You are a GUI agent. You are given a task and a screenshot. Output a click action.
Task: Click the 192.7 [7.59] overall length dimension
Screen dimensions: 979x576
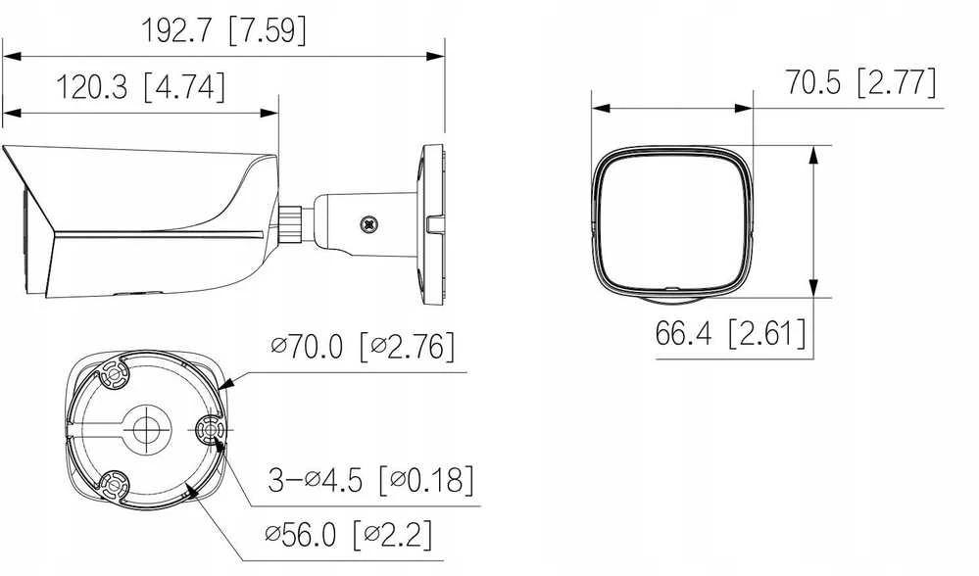pyautogui.click(x=224, y=30)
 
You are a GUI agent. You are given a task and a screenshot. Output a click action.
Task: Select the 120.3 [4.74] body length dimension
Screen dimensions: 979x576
pyautogui.click(x=140, y=87)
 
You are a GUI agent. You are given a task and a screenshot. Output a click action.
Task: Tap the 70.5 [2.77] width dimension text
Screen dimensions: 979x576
pyautogui.click(x=861, y=82)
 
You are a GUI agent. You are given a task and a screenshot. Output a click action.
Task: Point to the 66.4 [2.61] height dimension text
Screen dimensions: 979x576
pyautogui.click(x=730, y=333)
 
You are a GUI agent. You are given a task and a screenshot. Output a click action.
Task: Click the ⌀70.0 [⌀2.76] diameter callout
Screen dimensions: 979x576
pyautogui.click(x=363, y=347)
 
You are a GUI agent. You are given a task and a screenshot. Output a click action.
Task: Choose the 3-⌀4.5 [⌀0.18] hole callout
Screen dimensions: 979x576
pyautogui.click(x=370, y=479)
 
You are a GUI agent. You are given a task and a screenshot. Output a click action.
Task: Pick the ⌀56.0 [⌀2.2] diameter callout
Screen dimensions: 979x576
pyautogui.click(x=348, y=535)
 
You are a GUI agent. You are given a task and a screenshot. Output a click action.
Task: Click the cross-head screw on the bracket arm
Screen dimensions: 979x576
pyautogui.click(x=369, y=224)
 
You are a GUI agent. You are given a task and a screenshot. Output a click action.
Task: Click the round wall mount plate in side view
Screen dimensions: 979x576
pyautogui.click(x=431, y=224)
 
